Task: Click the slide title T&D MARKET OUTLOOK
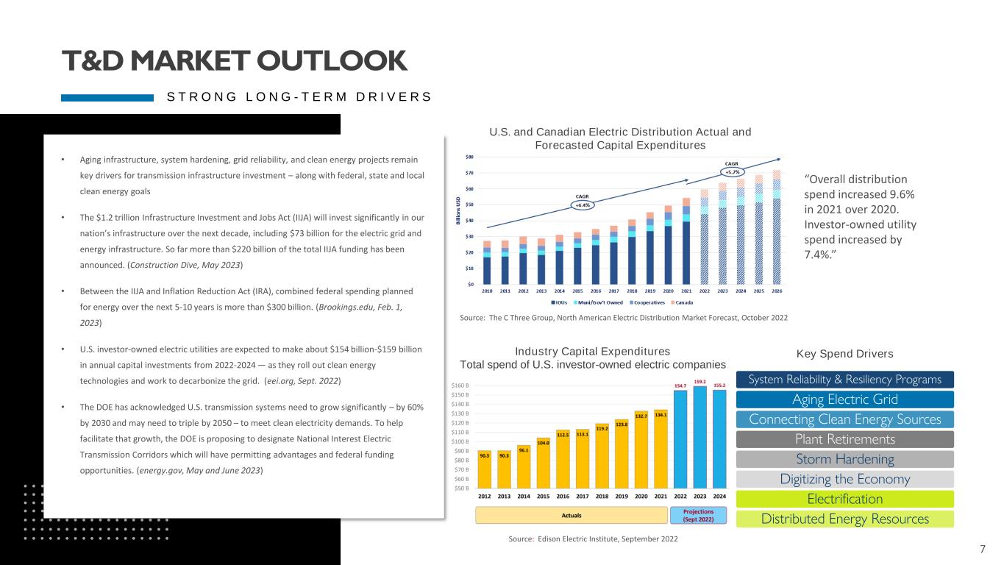click(234, 61)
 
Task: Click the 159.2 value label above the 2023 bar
click(699, 382)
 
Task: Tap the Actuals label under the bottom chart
click(572, 516)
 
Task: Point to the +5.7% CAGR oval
click(731, 172)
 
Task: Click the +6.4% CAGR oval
click(582, 205)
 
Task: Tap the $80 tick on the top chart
click(469, 157)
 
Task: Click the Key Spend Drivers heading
click(845, 354)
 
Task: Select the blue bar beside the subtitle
click(107, 97)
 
